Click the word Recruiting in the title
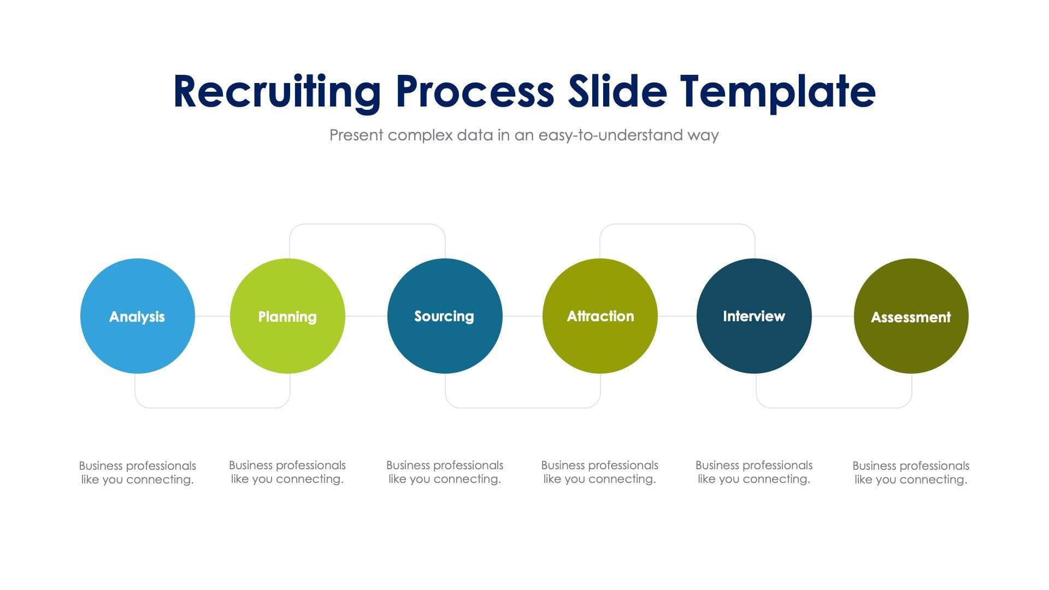click(x=276, y=92)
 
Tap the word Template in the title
click(x=777, y=92)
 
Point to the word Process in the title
click(x=474, y=92)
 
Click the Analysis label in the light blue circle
click(x=137, y=317)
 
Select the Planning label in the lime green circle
click(x=287, y=317)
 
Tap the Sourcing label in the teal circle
click(x=444, y=316)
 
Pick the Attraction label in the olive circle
click(x=600, y=316)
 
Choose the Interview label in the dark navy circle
click(x=753, y=316)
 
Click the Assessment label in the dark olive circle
click(x=910, y=317)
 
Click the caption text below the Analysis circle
click(x=137, y=473)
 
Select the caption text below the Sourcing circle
click(x=444, y=472)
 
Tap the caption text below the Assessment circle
click(x=910, y=473)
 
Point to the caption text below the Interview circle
click(x=753, y=472)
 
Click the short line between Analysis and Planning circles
click(x=213, y=316)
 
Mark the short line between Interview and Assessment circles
click(x=833, y=316)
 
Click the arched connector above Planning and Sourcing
click(x=367, y=224)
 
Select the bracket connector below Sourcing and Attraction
click(x=523, y=408)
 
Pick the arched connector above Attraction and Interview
click(x=677, y=224)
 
